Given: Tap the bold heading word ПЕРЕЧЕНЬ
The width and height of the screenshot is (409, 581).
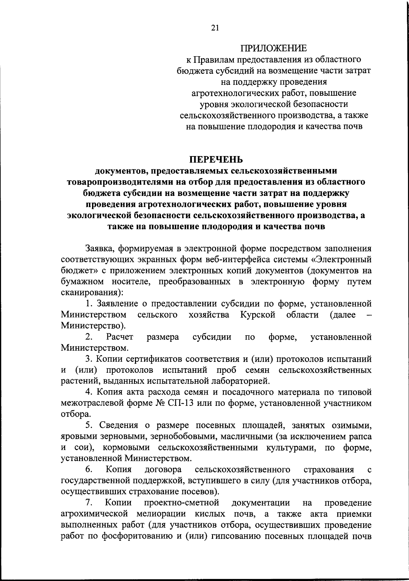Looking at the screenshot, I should point(216,159).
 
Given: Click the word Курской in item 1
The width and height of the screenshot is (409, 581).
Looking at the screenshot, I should point(257,315).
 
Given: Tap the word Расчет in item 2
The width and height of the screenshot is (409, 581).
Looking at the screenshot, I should point(119,337).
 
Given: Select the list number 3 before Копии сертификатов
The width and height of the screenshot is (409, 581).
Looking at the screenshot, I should point(88,359).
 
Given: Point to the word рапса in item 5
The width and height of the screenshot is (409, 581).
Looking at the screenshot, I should point(360,437).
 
